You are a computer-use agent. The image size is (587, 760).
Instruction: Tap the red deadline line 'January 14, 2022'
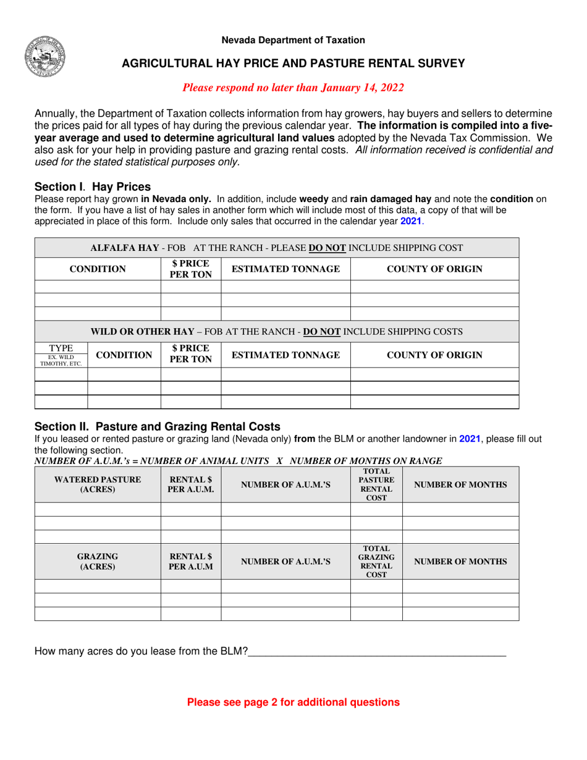coord(293,88)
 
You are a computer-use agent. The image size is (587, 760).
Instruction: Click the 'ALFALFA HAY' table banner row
coord(277,248)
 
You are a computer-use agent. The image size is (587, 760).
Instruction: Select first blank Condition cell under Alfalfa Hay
coord(98,286)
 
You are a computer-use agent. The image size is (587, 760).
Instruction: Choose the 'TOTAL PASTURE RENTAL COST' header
coord(376,485)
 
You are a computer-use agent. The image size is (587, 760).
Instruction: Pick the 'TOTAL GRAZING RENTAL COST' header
coord(376,561)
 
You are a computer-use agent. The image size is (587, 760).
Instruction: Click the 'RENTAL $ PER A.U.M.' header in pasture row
coord(190,485)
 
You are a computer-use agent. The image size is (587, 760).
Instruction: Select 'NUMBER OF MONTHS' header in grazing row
coord(460,561)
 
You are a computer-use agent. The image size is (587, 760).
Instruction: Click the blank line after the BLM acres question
coord(376,651)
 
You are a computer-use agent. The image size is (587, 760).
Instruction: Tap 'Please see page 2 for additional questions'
coord(293,703)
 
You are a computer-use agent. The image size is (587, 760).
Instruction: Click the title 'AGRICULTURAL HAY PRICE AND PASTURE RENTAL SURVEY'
coord(293,63)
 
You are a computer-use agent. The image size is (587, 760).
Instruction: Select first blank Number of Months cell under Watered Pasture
coord(460,510)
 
